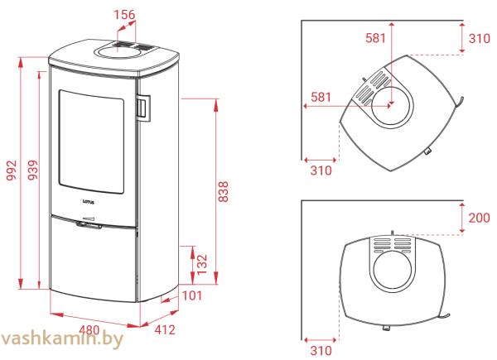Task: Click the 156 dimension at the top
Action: tap(124, 15)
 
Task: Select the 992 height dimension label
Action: tap(12, 170)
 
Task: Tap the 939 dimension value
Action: tap(32, 170)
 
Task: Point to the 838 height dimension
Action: tap(223, 191)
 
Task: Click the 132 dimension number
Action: tap(201, 265)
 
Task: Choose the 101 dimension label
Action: tap(192, 295)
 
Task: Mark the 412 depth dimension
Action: tap(165, 330)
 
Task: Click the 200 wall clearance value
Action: tap(480, 218)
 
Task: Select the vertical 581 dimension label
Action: tap(375, 38)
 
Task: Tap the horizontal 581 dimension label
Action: tap(321, 97)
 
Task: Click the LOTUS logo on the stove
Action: tap(89, 202)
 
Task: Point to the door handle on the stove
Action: tap(143, 108)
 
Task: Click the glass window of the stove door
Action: tap(91, 142)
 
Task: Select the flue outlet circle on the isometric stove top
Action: tap(118, 51)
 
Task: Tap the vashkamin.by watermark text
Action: tap(61, 338)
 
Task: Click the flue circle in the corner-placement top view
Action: tap(391, 106)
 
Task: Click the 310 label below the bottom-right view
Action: tap(321, 351)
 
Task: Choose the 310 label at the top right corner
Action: tap(480, 39)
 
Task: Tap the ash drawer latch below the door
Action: tap(89, 225)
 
